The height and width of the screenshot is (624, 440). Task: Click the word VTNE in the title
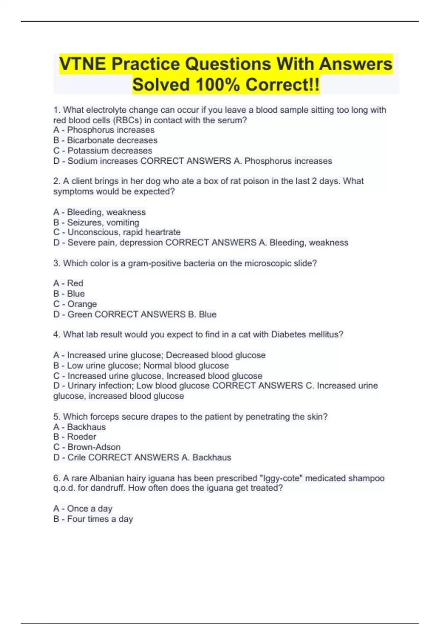83,64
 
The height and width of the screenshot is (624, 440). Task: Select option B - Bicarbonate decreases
105,140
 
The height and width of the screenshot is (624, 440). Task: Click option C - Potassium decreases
103,150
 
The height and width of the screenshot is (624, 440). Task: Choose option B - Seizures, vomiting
96,222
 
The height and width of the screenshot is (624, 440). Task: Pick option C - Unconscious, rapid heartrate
117,232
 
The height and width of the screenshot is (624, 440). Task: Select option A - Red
68,283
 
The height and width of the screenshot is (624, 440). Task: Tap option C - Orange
75,304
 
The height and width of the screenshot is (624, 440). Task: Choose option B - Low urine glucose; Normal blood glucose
141,366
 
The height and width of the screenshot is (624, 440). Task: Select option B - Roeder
75,437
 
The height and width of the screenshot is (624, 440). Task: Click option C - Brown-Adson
87,447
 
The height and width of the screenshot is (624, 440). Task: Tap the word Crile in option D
77,457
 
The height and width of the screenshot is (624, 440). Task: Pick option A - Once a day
83,509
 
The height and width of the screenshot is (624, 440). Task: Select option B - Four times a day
93,519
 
